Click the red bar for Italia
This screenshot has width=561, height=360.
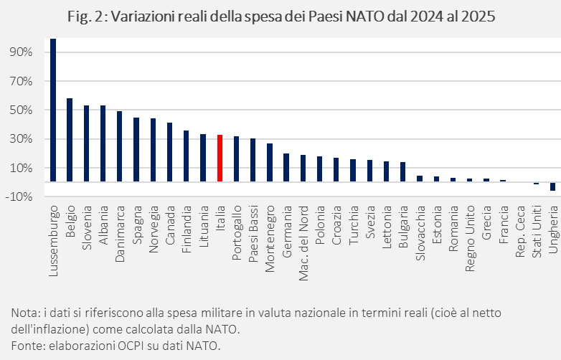220,158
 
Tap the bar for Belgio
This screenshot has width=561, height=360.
70,140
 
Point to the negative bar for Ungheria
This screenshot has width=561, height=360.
552,186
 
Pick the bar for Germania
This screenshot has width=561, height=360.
286,168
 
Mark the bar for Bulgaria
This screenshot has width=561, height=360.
402,172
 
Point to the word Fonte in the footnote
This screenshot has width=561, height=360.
27,346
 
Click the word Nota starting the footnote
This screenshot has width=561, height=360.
24,313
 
